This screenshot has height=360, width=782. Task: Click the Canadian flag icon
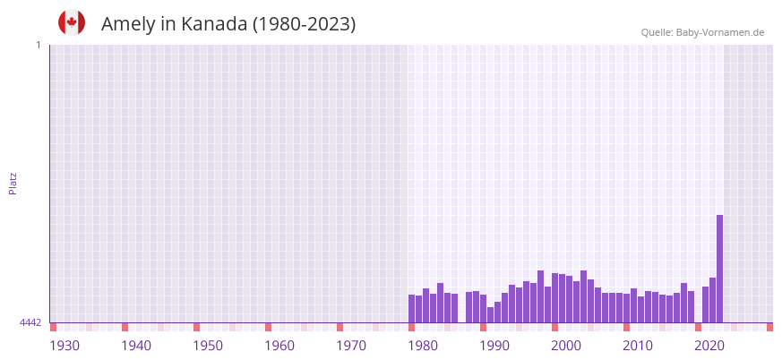(72, 23)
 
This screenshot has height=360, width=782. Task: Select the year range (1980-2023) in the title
(304, 24)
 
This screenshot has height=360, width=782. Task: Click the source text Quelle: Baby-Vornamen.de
(702, 32)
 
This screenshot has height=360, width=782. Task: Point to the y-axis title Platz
(13, 183)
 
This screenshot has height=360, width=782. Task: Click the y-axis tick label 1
(38, 45)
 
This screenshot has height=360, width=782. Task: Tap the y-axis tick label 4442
(30, 322)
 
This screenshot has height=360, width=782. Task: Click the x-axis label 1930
(64, 346)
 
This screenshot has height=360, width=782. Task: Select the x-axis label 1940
(136, 346)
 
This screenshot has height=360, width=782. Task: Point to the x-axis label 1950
(208, 346)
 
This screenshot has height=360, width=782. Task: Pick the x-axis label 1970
(351, 346)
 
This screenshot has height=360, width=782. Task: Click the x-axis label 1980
(423, 346)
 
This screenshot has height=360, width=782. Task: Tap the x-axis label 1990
(494, 346)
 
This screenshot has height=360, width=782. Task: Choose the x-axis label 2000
(566, 346)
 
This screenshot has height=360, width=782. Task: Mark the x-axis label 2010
(638, 346)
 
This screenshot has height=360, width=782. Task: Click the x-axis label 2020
(709, 346)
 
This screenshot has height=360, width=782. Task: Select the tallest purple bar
(719, 269)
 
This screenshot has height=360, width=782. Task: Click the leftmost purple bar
(412, 309)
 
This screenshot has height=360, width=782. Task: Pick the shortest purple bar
(490, 315)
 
